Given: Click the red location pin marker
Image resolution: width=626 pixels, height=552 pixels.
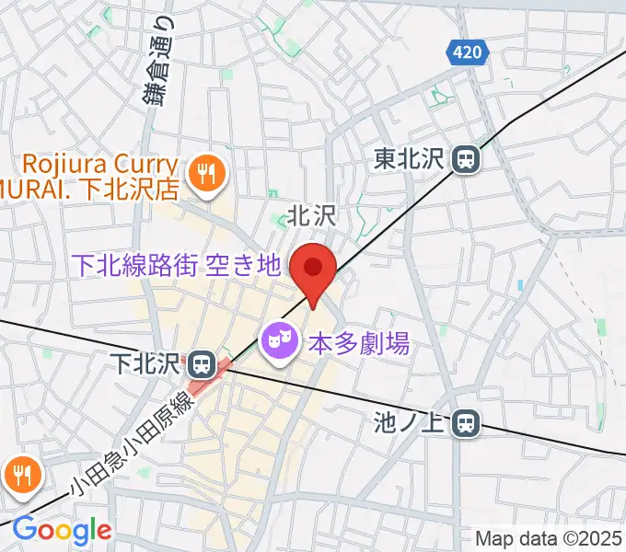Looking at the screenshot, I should pyautogui.click(x=313, y=270).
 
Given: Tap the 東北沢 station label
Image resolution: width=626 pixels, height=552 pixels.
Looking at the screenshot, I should pyautogui.click(x=411, y=160).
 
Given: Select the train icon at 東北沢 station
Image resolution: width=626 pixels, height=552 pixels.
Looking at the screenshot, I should pyautogui.click(x=467, y=160).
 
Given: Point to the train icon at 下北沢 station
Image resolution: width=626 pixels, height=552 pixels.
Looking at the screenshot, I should pyautogui.click(x=202, y=362).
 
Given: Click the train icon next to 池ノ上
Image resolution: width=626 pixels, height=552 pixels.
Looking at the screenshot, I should pyautogui.click(x=469, y=422).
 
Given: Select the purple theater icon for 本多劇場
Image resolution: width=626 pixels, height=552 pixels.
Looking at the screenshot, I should pyautogui.click(x=279, y=343).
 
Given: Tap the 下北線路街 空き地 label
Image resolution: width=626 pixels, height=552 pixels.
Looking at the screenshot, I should pyautogui.click(x=176, y=266).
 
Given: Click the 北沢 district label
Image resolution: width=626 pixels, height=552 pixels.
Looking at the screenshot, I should pyautogui.click(x=307, y=216).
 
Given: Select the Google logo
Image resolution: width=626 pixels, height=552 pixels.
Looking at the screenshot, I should pyautogui.click(x=62, y=531).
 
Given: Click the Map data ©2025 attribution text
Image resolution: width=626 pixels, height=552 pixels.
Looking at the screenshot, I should pyautogui.click(x=549, y=538).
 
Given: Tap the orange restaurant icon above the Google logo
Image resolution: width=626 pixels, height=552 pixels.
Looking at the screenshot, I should pyautogui.click(x=20, y=474).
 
